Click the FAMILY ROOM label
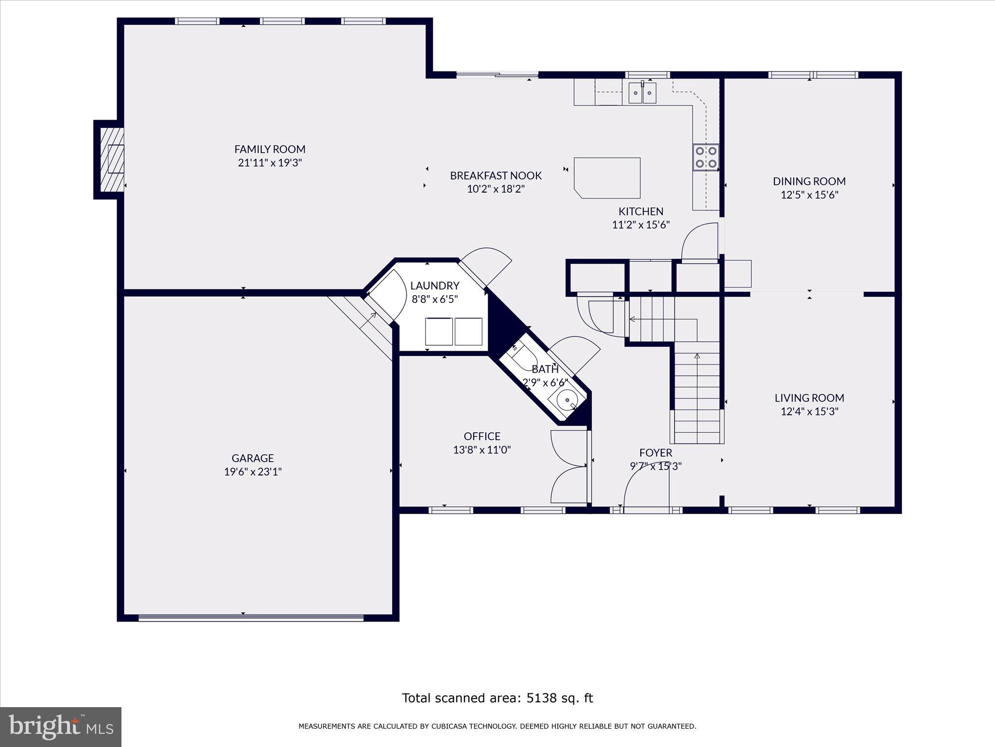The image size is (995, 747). coord(270,149)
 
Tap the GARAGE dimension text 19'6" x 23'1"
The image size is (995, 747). coord(253,472)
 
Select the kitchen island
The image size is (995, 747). coord(607,178)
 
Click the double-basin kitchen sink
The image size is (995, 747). coord(642,92)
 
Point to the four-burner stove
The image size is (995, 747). coord(706,157)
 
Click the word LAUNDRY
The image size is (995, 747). coord(435,285)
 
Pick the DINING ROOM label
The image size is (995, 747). coord(809,181)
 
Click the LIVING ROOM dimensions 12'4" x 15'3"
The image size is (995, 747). coord(809,411)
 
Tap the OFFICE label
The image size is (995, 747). coord(482,436)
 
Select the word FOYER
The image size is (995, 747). coord(656,453)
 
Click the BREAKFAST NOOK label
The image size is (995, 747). coord(496,176)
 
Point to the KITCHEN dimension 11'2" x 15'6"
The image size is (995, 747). coord(641,225)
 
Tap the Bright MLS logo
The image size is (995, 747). coord(61,727)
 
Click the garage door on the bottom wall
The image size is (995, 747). coord(251,618)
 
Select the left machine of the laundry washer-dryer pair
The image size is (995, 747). coord(439,332)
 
